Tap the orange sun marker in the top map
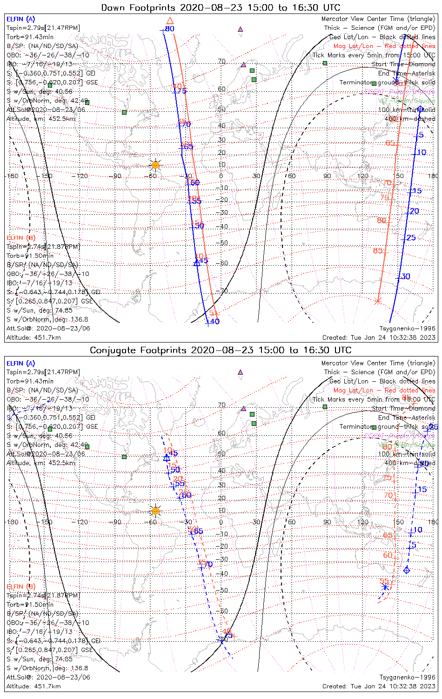tap(155, 165)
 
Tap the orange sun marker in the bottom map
tap(155, 511)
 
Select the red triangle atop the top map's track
tap(170, 21)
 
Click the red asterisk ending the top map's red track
tap(377, 301)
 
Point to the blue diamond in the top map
tap(420, 109)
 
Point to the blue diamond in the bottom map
tap(407, 570)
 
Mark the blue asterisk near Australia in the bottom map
tap(385, 587)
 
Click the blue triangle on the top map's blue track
tap(197, 262)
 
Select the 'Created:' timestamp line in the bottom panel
tap(379, 686)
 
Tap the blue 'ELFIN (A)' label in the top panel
tap(20, 19)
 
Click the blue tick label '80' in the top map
tap(170, 29)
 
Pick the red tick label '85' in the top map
tap(378, 251)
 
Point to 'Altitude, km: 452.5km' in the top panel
tap(41, 119)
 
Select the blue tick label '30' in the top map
tap(406, 277)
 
